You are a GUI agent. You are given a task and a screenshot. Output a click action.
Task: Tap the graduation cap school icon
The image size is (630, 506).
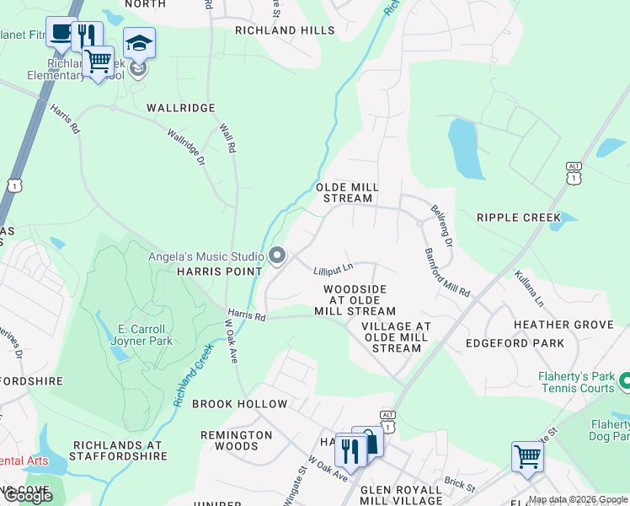[x=139, y=42]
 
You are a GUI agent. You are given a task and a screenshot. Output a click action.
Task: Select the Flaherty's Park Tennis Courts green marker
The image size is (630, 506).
[x=625, y=382]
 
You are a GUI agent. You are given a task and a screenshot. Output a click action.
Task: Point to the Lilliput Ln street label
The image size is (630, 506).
[x=333, y=270]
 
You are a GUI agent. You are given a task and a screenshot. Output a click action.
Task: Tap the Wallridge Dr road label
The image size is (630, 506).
[x=185, y=146]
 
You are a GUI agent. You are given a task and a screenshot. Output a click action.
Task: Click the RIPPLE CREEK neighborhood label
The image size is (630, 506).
[x=518, y=218]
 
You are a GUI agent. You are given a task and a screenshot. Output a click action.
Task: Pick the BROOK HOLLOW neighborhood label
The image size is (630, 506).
[x=239, y=404]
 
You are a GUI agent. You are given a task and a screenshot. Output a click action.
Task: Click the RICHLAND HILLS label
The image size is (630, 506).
[x=278, y=30]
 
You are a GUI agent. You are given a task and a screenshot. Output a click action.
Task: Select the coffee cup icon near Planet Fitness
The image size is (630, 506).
[x=60, y=32]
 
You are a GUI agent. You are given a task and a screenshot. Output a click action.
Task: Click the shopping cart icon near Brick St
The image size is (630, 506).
[x=527, y=457]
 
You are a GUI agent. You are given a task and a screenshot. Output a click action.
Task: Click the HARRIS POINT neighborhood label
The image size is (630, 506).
[x=210, y=272]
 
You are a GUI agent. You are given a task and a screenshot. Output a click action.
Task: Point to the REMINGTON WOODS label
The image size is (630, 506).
[x=236, y=441]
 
